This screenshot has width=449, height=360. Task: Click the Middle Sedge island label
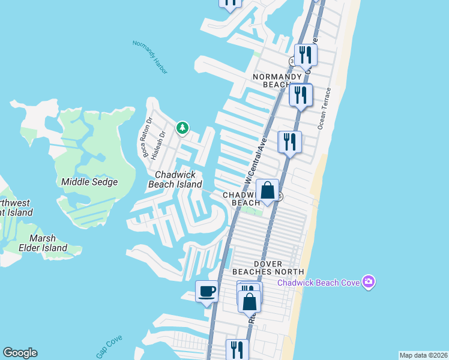[89, 182]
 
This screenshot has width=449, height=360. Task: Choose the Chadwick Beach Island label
[175, 179]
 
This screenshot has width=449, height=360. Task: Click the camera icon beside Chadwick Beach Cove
[369, 281]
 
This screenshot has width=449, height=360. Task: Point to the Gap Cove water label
[109, 346]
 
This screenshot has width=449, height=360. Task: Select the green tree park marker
[182, 128]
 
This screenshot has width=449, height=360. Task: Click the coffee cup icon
[207, 292]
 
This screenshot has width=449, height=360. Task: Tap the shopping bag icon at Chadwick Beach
[268, 190]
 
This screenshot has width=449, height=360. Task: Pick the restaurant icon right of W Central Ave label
[289, 142]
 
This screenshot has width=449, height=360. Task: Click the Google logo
[20, 353]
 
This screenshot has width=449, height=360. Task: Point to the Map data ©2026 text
[424, 355]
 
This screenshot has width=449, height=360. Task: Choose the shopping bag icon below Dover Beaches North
[250, 301]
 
